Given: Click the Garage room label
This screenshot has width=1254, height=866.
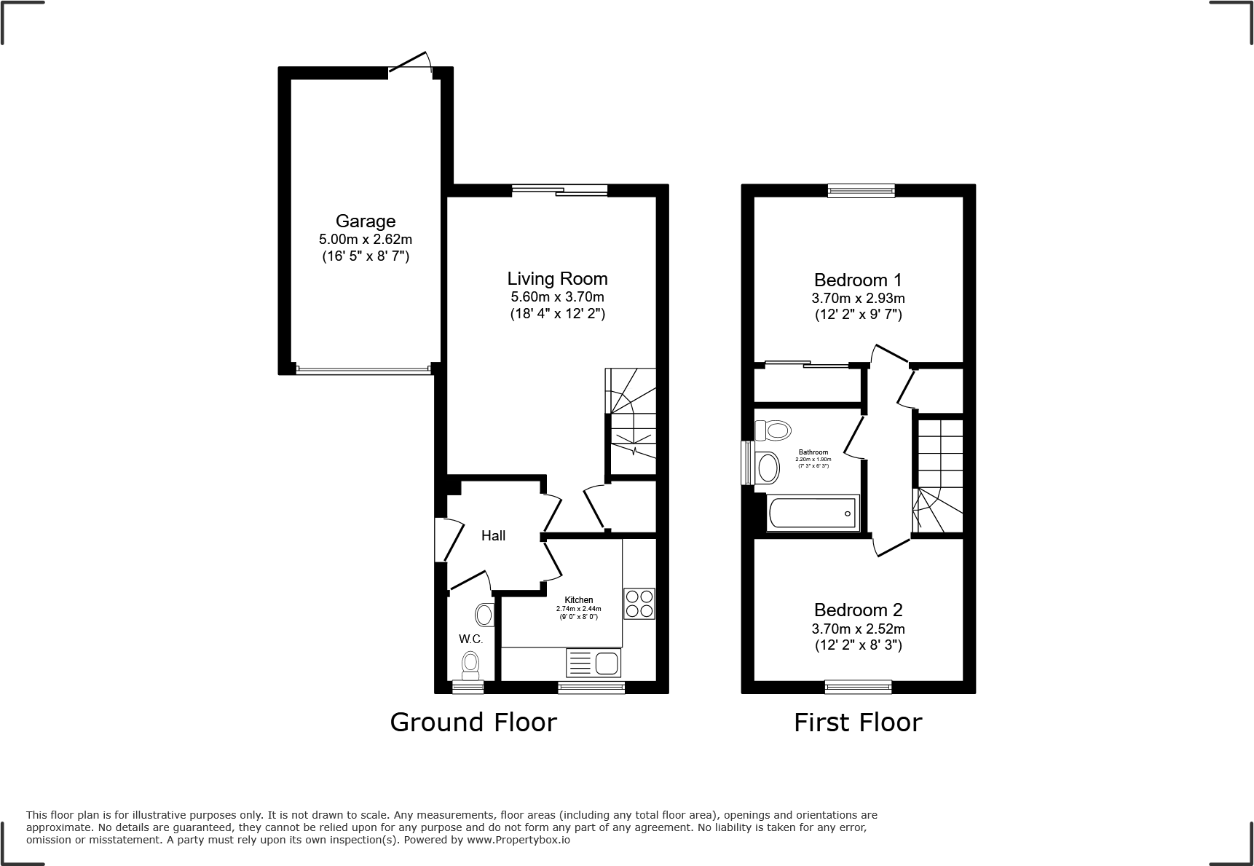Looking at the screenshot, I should (366, 221).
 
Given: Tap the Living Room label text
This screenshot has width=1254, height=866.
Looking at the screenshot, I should (557, 278).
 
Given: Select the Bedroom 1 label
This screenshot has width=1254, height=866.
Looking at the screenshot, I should (858, 280).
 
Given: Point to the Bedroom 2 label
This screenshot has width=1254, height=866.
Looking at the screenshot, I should (858, 610).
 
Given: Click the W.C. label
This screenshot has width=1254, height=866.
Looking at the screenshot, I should (470, 639).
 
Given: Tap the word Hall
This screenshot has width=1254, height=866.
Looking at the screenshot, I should (493, 535).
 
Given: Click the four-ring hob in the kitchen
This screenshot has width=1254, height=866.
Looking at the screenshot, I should (639, 603).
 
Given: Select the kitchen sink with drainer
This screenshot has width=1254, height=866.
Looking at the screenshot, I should (593, 664).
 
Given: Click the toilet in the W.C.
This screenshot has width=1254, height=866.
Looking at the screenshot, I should (470, 664).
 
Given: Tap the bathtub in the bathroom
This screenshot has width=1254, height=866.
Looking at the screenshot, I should (813, 513).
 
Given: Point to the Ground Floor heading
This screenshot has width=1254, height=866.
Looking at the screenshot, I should (473, 722).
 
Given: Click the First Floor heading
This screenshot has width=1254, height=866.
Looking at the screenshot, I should (857, 722).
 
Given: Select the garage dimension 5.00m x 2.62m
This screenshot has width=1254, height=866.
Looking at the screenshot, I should (366, 239).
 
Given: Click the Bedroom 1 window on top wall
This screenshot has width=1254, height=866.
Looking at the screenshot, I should (861, 191).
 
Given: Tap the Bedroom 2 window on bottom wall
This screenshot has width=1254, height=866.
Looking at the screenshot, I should (858, 686).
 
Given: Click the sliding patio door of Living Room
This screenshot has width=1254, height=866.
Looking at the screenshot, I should (559, 191).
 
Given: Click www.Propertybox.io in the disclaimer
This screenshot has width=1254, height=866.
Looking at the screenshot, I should (518, 840).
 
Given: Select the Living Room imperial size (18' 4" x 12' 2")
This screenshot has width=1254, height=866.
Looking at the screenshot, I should (557, 314).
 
